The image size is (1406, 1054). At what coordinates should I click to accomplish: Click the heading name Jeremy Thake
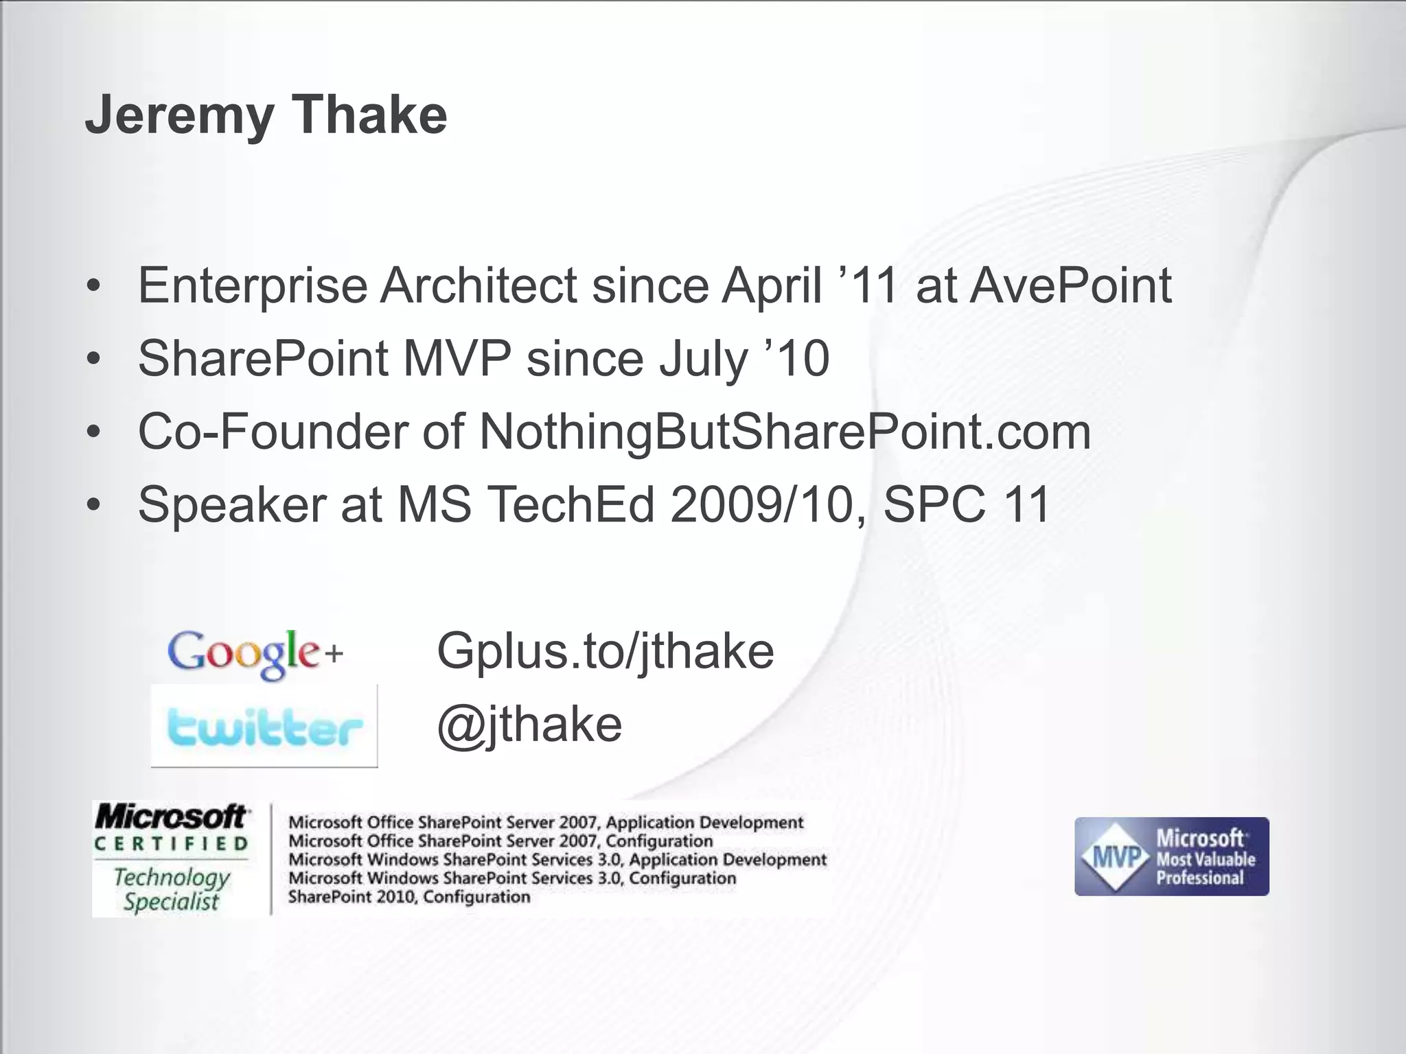[x=266, y=115]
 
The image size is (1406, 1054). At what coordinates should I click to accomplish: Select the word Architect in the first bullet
[x=479, y=285]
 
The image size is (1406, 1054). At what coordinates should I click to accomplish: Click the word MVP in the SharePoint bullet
[x=457, y=358]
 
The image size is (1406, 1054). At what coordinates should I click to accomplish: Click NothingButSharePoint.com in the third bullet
[x=785, y=432]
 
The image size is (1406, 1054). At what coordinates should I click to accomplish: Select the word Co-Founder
[x=273, y=432]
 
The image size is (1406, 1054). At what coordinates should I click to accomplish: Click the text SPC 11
[x=967, y=505]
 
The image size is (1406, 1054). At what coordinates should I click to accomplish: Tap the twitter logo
[x=264, y=726]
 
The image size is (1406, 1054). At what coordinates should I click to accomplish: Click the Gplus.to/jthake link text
[x=606, y=651]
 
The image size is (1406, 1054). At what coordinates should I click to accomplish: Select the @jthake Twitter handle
[x=529, y=725]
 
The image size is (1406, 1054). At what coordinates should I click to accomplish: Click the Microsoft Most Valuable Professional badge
[x=1171, y=856]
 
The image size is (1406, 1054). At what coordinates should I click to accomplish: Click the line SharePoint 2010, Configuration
[x=409, y=897]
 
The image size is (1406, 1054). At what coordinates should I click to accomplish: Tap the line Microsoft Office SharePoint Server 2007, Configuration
[x=500, y=841]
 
